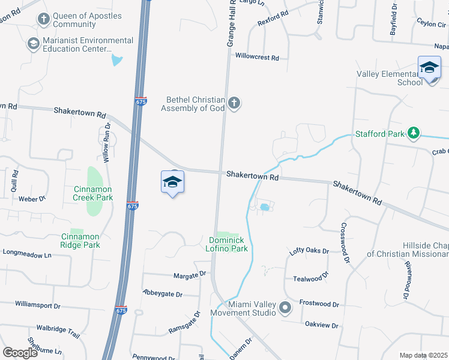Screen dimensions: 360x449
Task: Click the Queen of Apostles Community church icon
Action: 43,20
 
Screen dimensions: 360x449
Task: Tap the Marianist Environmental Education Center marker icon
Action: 34,44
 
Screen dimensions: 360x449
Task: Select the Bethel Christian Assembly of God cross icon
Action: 234,104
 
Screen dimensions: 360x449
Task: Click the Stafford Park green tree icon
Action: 413,133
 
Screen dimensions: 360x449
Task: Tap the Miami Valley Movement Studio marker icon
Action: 285,308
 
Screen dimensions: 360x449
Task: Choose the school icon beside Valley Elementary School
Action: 429,67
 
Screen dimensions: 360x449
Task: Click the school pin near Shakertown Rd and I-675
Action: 172,182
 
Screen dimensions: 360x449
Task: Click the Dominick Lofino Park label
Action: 228,244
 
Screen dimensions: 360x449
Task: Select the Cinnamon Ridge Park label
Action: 80,241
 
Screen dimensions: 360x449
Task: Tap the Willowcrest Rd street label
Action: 258,58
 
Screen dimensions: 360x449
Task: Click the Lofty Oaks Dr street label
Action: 310,251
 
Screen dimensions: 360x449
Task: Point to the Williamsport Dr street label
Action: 38,305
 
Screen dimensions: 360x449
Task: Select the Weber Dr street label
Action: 32,199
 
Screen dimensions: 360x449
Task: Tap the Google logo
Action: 20,353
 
